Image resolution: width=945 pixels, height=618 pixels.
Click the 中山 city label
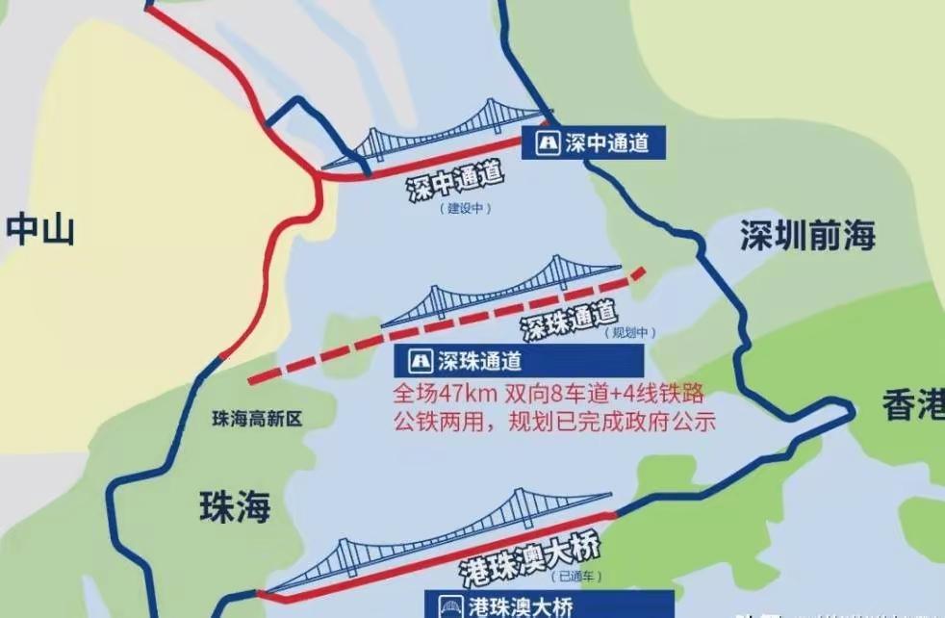(x=39, y=230)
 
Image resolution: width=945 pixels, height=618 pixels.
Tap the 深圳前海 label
(x=807, y=235)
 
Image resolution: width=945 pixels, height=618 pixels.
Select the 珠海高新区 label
(x=257, y=419)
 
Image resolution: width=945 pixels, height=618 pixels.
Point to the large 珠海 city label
(x=235, y=506)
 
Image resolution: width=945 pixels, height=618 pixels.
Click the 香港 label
(x=913, y=407)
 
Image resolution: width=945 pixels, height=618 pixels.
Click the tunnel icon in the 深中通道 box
(x=547, y=144)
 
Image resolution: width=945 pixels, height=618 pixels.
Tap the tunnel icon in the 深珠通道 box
(x=420, y=361)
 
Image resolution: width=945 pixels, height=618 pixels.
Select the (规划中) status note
(x=632, y=332)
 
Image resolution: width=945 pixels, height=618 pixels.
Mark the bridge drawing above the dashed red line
(x=500, y=288)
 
